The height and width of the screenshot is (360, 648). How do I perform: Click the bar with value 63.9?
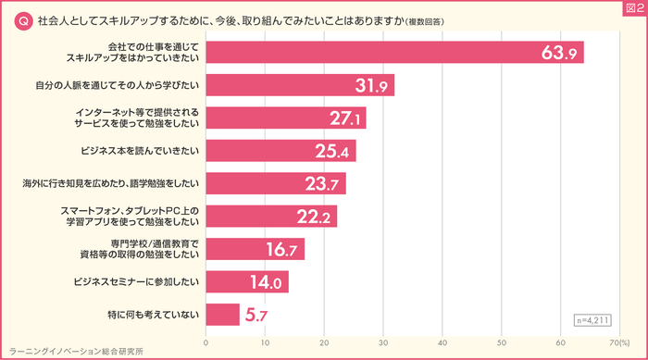tap(393, 53)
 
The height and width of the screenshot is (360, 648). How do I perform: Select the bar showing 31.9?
tap(300, 86)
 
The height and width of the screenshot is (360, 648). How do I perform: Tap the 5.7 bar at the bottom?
tap(222, 316)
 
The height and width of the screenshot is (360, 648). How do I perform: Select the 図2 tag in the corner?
tap(634, 8)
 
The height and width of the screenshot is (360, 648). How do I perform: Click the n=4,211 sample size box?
tap(593, 320)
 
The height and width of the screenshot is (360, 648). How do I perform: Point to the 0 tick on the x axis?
tap(206, 343)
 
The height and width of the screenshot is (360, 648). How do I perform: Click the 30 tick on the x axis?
tap(383, 343)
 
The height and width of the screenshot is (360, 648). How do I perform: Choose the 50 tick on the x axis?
tap(502, 343)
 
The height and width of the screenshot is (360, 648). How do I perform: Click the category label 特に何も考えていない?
tap(153, 316)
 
